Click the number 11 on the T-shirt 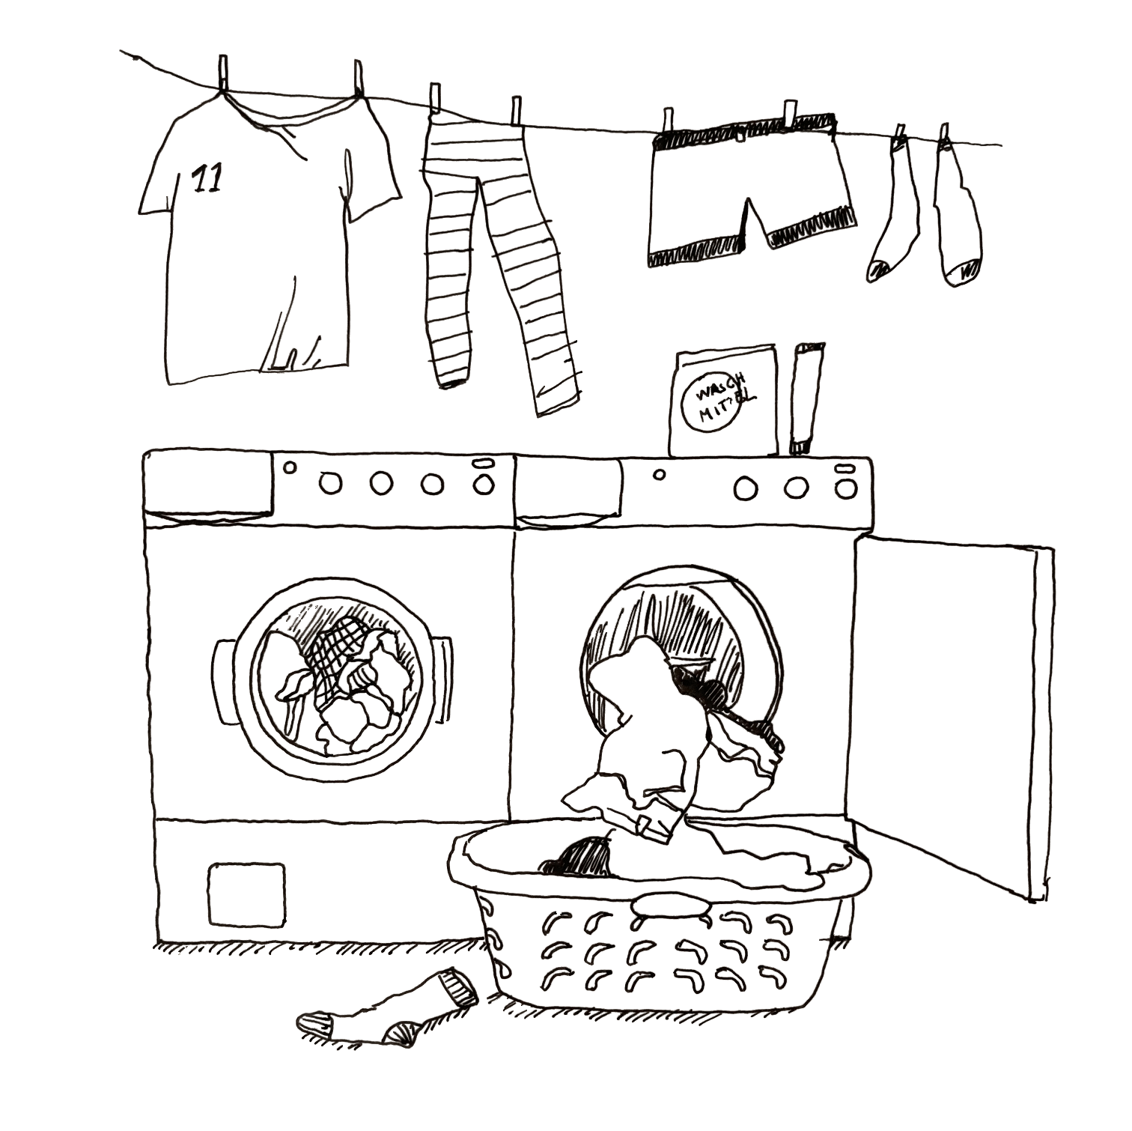point(207,179)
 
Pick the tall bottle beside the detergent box point(807,398)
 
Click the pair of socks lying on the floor point(387,1006)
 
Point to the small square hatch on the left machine point(246,894)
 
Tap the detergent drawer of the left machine point(208,485)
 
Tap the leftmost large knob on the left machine point(330,483)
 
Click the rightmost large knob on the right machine point(846,489)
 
